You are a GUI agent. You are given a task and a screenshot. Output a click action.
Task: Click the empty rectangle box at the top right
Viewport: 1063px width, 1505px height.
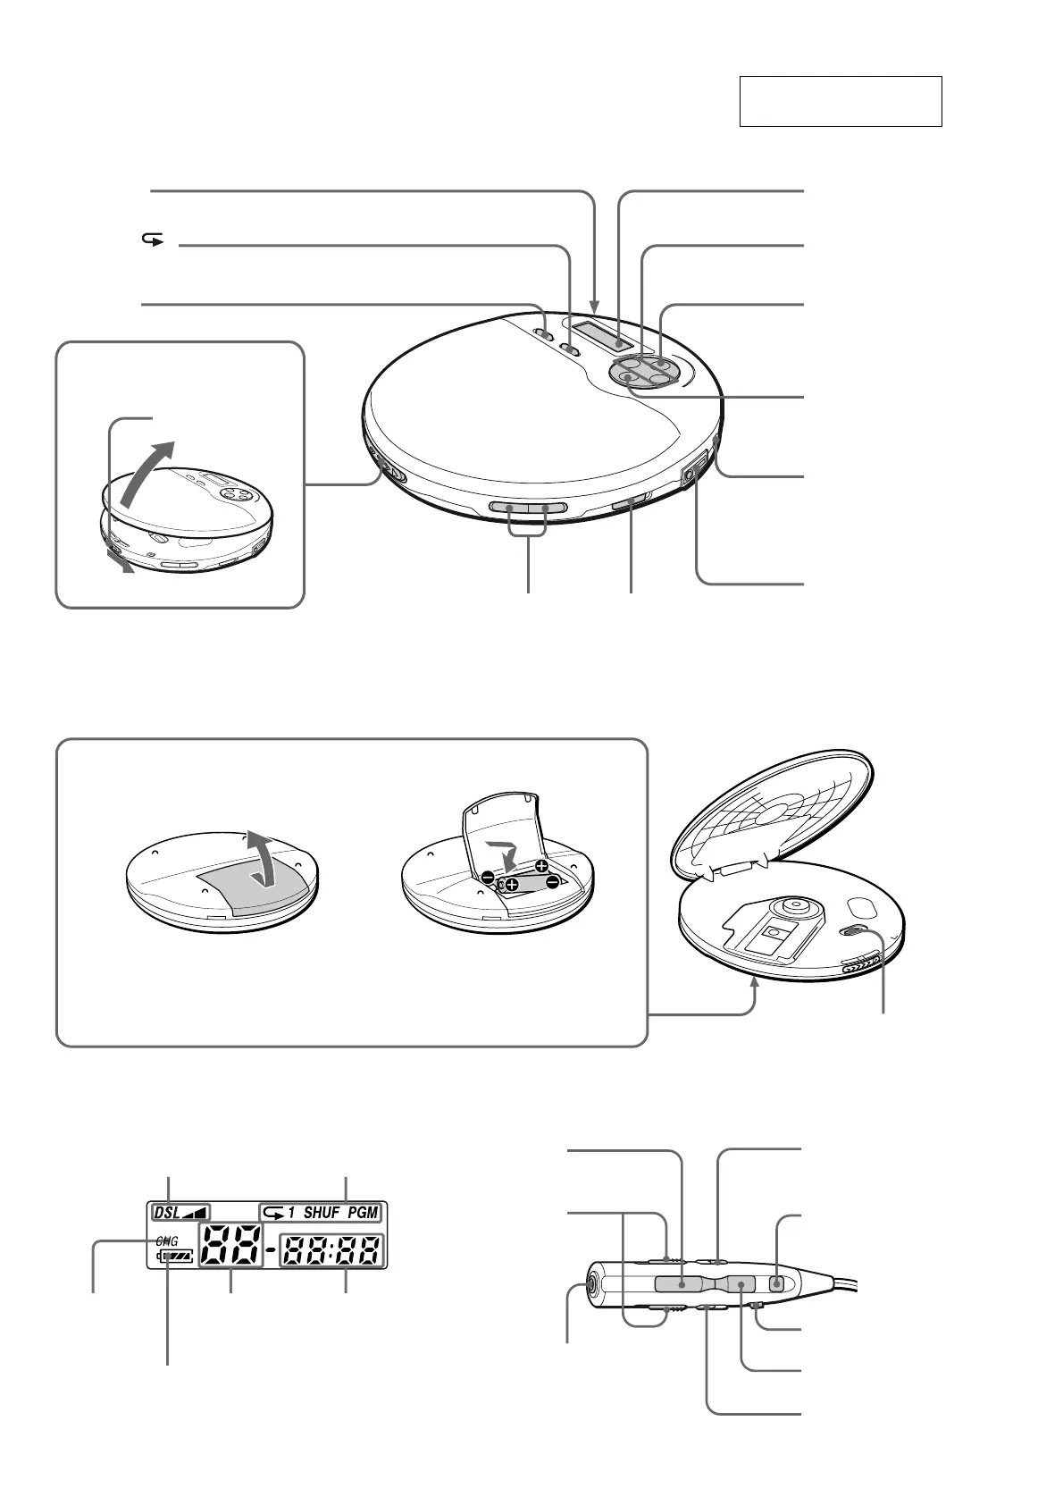[840, 101]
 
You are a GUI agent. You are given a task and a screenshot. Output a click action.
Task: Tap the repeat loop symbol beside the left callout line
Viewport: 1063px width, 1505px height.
[154, 240]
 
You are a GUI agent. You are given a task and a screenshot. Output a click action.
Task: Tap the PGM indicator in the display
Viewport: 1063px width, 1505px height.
[364, 1213]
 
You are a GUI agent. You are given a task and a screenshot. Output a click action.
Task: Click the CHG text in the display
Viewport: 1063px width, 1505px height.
[166, 1241]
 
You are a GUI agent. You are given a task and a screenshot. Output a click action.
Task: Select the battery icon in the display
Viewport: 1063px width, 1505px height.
[175, 1257]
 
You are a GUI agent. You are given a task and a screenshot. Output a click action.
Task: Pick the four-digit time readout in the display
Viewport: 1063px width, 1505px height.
[331, 1250]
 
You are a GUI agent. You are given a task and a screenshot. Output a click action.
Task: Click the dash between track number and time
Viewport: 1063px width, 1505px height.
[270, 1250]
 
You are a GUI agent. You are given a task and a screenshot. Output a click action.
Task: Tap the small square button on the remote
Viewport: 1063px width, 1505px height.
[776, 1284]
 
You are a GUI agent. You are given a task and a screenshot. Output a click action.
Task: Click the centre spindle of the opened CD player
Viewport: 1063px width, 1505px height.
[790, 904]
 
